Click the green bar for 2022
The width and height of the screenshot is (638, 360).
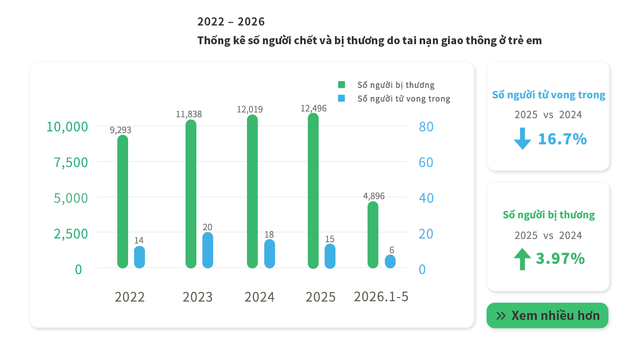123,201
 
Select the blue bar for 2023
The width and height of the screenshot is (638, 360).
208,250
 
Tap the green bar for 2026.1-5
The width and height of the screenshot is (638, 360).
373,235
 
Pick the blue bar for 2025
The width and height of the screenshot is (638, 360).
330,256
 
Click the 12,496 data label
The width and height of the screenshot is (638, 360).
314,108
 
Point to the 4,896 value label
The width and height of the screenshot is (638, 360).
374,196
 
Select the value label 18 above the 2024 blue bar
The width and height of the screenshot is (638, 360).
269,234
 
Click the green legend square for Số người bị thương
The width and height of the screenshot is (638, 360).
341,85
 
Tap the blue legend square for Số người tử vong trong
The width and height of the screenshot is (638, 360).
341,98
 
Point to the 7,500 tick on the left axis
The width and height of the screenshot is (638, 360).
71,163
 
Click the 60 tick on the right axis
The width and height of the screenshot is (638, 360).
426,162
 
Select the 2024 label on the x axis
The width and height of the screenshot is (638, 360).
259,297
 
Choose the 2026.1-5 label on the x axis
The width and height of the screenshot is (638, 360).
381,297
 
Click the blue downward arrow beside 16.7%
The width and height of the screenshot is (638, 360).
522,139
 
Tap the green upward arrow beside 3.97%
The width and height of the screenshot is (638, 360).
522,259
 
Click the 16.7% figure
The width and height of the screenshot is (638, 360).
562,139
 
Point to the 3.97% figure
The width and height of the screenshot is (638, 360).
560,259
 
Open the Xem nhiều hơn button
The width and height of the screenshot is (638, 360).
547,315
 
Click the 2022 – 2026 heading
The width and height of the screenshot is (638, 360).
231,22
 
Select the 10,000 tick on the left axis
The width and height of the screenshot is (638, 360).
67,127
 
